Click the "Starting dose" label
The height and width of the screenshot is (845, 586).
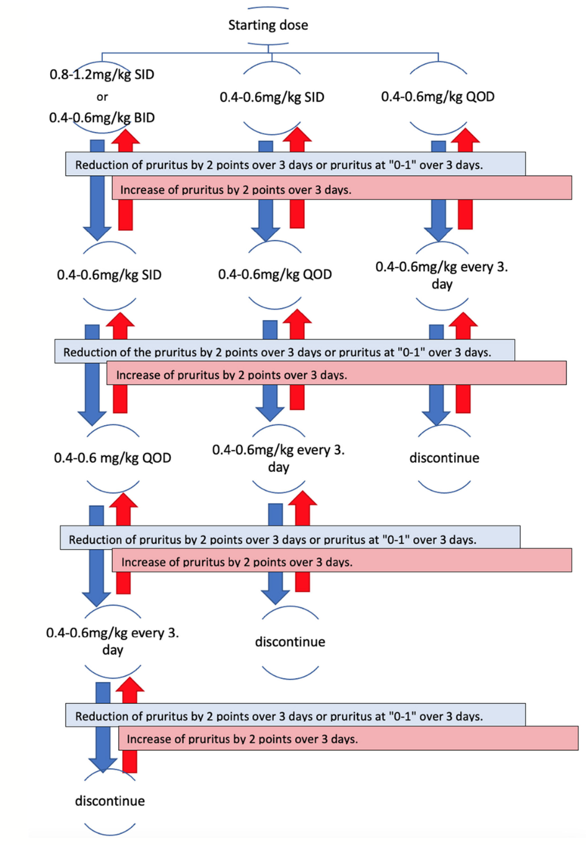[x=268, y=25]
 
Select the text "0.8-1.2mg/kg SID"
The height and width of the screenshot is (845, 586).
[x=102, y=74]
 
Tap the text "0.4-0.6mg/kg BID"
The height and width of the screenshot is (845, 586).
[x=102, y=118]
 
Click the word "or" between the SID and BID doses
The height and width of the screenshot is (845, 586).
[x=102, y=97]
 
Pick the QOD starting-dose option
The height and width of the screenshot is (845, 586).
[x=437, y=97]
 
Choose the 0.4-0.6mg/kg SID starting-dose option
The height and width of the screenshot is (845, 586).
[x=272, y=97]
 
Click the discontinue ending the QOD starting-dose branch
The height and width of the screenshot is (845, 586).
[x=444, y=458]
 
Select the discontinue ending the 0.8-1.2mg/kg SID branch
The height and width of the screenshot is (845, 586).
[x=110, y=801]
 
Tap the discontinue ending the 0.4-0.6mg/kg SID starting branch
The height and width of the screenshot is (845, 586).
[x=290, y=642]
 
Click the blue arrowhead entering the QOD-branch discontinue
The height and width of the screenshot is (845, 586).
[x=436, y=418]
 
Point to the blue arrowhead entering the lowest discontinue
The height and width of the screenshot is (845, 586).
[x=103, y=765]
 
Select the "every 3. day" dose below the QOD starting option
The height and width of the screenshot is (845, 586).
[x=442, y=275]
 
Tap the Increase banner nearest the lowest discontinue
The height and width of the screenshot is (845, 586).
[x=348, y=739]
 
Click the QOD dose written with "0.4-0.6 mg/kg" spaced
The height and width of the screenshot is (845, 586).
[x=113, y=458]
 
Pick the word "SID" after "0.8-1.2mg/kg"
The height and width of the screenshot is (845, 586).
[x=144, y=74]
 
